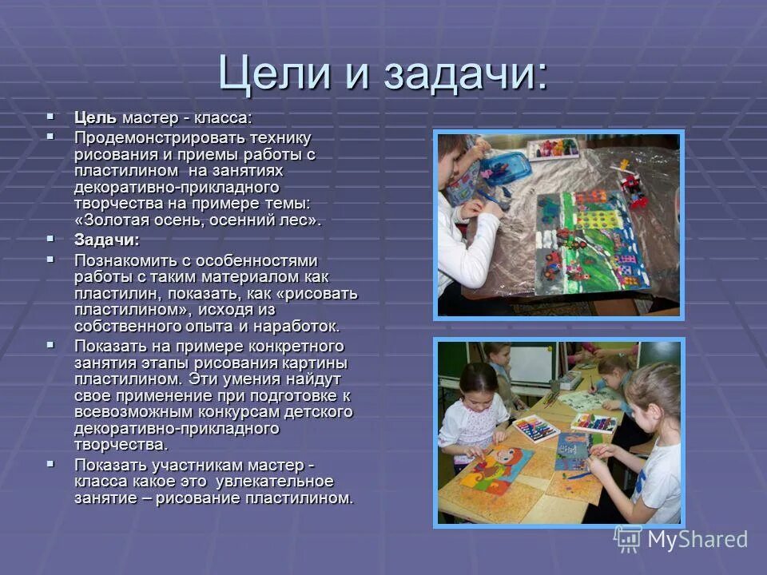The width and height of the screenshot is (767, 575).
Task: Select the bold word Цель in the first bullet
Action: click(x=95, y=118)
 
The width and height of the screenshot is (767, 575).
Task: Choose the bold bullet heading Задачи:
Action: click(x=107, y=240)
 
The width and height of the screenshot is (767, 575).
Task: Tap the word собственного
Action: click(x=125, y=326)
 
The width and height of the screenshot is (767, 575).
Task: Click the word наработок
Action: click(x=303, y=326)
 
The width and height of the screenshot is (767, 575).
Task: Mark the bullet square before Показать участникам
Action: click(x=51, y=463)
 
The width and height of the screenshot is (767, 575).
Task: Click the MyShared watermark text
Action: click(x=696, y=539)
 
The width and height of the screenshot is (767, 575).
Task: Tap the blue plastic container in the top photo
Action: click(x=503, y=172)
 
